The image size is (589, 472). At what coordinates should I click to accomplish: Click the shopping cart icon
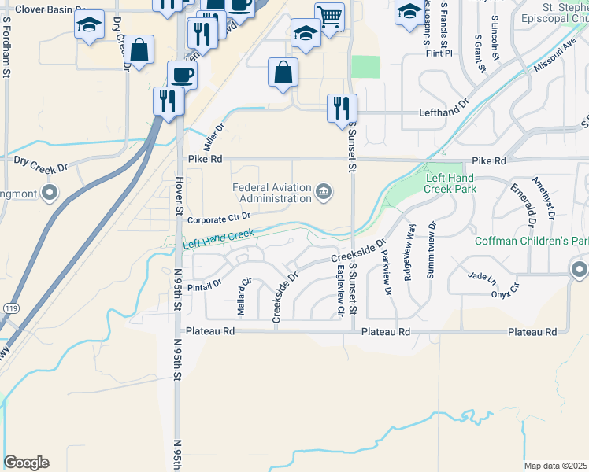(x=329, y=17)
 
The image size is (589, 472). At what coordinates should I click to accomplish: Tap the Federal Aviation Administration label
(x=272, y=193)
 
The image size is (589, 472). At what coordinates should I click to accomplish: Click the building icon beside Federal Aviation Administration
(x=324, y=192)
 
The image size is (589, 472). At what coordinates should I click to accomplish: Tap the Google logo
(x=26, y=463)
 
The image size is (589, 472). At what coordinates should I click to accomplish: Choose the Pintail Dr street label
(x=205, y=281)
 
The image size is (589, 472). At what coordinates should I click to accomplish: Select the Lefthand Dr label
(x=446, y=103)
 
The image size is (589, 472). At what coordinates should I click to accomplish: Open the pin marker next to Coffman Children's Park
(x=580, y=270)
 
